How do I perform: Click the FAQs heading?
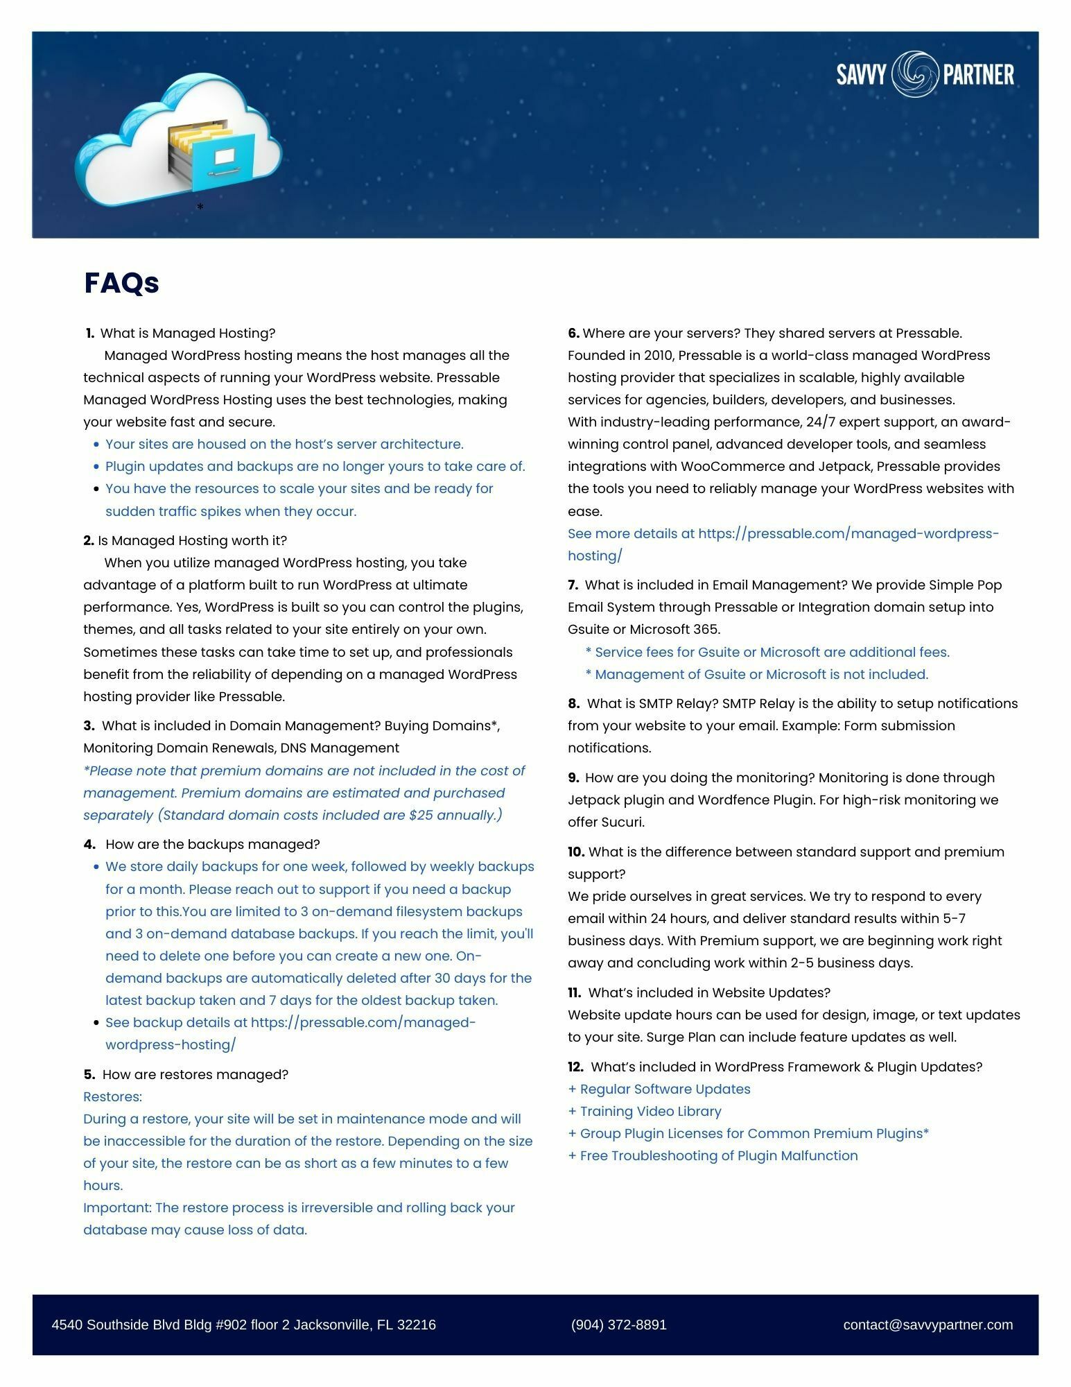point(121,283)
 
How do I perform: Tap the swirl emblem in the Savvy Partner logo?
point(914,74)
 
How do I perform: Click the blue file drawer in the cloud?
point(223,161)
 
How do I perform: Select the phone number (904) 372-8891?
point(618,1325)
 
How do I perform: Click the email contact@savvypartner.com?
point(928,1325)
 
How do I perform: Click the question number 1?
point(90,334)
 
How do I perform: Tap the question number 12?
point(575,1067)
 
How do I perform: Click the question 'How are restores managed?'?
point(195,1074)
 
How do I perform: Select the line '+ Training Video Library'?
point(645,1111)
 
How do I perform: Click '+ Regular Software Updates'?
point(659,1089)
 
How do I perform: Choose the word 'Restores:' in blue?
point(112,1096)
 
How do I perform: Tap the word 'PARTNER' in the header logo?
point(979,74)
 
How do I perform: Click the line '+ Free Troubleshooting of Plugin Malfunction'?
point(713,1155)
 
